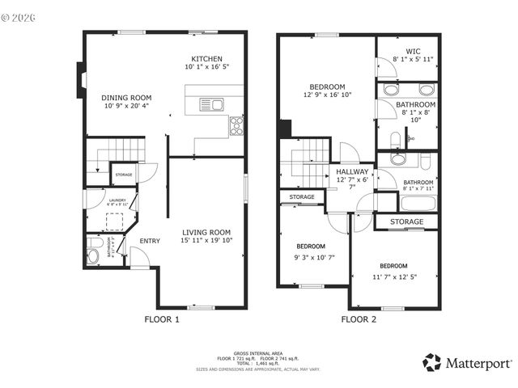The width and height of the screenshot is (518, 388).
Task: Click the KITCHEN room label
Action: click(x=206, y=59)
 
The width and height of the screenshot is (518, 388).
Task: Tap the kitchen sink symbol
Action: click(x=214, y=103)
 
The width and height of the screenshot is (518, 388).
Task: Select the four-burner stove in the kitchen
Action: click(x=237, y=124)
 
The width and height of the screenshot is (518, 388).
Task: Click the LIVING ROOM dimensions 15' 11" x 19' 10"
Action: click(x=206, y=240)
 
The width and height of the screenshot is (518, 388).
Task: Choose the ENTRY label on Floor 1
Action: click(x=150, y=240)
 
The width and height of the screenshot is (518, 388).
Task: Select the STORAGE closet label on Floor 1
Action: click(x=123, y=175)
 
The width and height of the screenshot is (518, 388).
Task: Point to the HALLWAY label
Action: click(x=353, y=171)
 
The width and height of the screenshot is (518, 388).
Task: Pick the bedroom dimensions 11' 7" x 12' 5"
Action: click(x=393, y=276)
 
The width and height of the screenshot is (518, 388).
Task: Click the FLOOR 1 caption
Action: click(x=162, y=319)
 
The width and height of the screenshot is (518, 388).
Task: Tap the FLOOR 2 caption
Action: click(x=359, y=319)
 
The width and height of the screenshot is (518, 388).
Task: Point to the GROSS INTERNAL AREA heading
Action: click(x=258, y=353)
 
